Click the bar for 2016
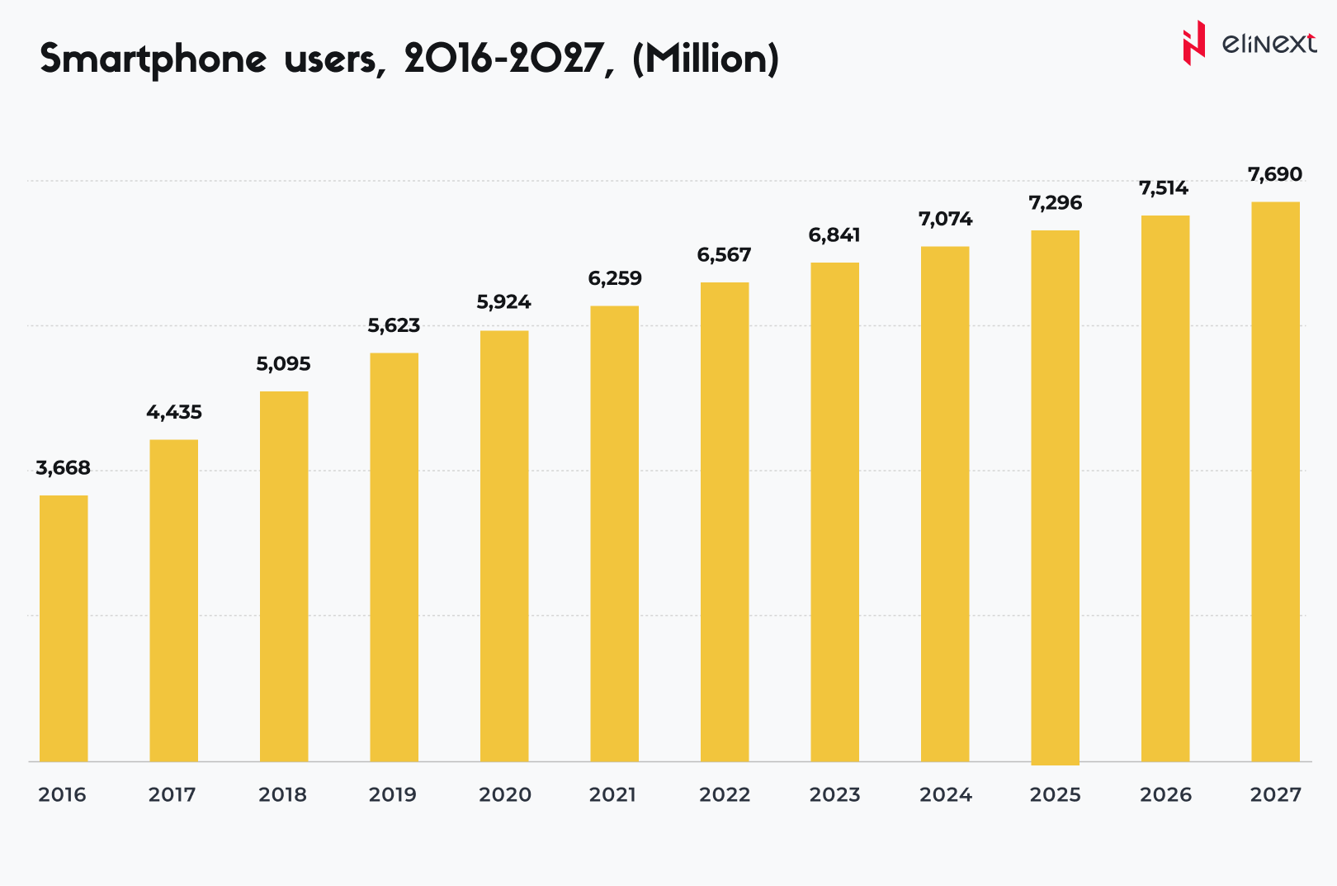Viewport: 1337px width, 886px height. [x=64, y=628]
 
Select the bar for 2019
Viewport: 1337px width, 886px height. [x=394, y=557]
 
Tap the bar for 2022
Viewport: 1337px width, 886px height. [x=725, y=521]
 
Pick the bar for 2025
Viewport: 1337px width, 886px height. [x=1055, y=496]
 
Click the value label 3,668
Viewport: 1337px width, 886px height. [x=63, y=468]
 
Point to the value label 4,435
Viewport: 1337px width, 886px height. [x=174, y=412]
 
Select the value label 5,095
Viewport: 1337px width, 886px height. [x=283, y=364]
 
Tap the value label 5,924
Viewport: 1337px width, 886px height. [x=503, y=302]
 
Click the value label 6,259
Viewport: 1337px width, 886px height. [x=615, y=278]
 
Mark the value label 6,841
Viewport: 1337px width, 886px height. [x=834, y=235]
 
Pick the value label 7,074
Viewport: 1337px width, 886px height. [x=945, y=219]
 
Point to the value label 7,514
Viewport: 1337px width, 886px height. [x=1164, y=188]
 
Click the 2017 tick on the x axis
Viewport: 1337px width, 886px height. [x=172, y=794]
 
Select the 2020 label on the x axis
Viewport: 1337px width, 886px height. [x=505, y=794]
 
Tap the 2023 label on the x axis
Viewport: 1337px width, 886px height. [x=834, y=794]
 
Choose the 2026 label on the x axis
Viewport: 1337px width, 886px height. [x=1165, y=794]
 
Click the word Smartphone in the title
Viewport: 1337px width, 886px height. [x=154, y=59]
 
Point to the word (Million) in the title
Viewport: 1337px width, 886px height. [x=706, y=59]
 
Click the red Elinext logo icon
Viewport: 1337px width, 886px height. [x=1193, y=43]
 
